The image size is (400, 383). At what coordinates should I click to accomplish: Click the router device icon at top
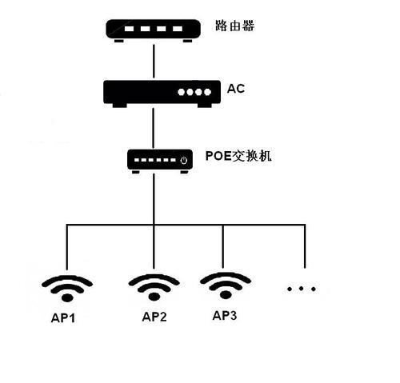[x=153, y=30]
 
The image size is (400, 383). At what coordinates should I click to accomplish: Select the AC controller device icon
[x=161, y=93]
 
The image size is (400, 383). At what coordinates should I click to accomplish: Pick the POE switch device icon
[x=160, y=160]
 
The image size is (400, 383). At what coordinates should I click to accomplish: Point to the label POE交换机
[x=239, y=156]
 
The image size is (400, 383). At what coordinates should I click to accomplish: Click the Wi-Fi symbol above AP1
[x=67, y=285]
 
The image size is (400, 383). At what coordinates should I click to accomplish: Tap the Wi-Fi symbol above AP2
[x=154, y=285]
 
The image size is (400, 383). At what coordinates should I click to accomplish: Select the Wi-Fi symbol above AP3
[x=225, y=284]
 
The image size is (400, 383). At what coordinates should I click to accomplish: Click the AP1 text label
[x=64, y=317]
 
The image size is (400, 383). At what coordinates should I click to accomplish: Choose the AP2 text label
[x=154, y=317]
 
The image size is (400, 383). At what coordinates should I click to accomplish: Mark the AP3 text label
[x=225, y=315]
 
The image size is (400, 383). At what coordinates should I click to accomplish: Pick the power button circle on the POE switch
[x=184, y=161]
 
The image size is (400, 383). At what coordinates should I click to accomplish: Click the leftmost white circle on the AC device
[x=182, y=92]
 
